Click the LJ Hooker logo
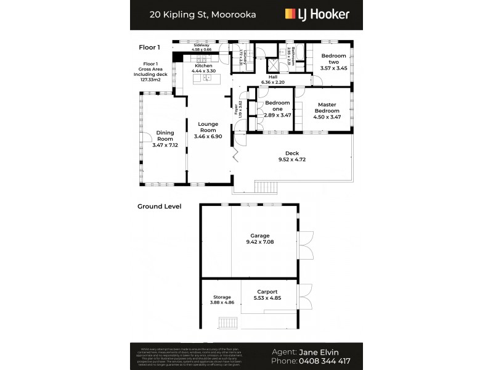tap(317, 14)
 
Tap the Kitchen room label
tap(203, 66)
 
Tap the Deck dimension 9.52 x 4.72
tap(293, 160)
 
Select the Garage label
tap(259, 236)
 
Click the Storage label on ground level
tap(222, 297)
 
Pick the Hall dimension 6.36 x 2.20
tap(272, 81)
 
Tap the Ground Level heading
tap(159, 207)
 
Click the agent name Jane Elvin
tap(322, 351)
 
